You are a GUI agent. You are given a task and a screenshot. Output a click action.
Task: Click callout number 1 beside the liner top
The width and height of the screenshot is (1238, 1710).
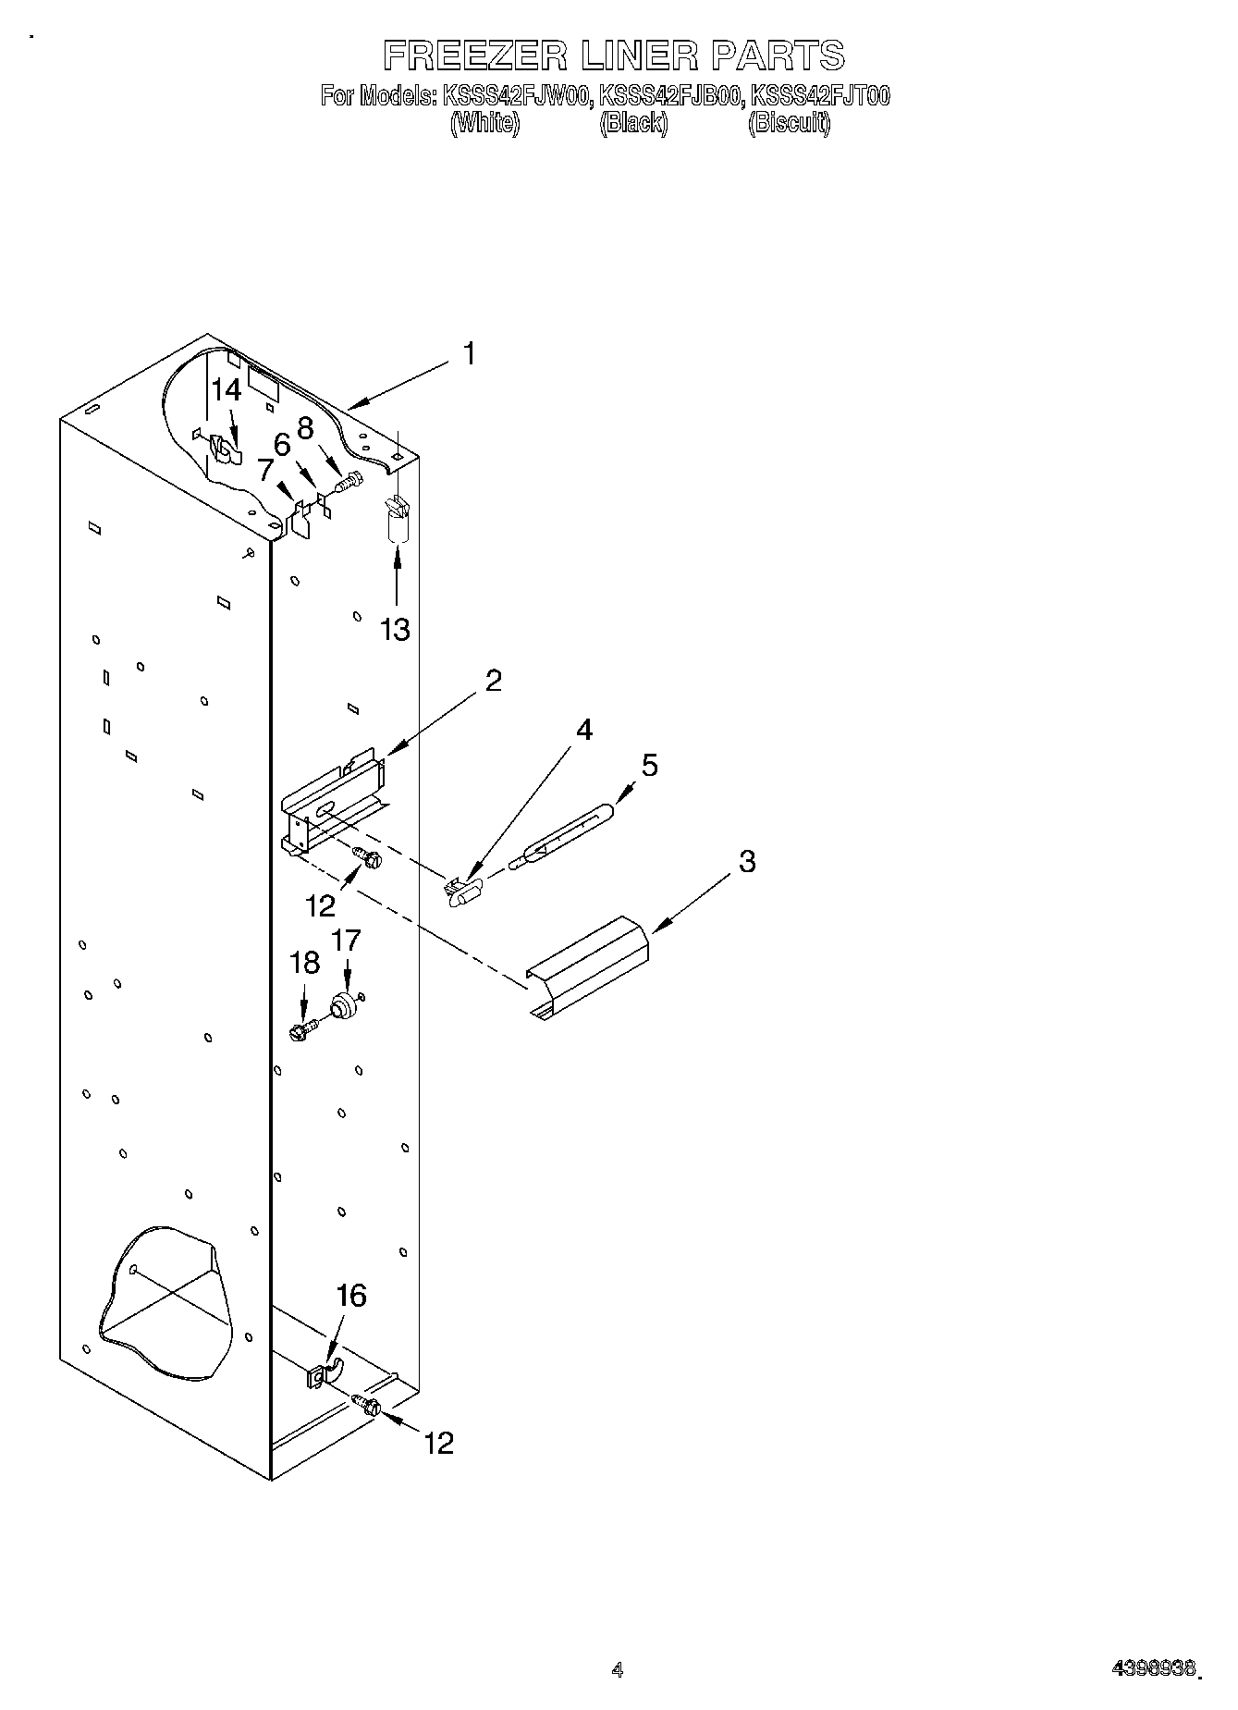470,353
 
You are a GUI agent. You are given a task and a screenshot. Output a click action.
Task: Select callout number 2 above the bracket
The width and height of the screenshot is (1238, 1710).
494,681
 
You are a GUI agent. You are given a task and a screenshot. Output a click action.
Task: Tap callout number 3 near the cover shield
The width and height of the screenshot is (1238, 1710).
747,861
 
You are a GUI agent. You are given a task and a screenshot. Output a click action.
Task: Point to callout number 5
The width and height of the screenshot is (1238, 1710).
650,765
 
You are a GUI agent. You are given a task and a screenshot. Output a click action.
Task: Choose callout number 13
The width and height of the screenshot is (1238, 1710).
395,630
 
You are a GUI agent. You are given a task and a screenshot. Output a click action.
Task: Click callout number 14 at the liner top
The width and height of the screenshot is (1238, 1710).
227,390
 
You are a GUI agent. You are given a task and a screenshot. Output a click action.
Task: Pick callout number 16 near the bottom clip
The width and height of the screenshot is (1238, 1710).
351,1296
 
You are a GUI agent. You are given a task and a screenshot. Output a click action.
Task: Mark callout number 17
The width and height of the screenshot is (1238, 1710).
346,941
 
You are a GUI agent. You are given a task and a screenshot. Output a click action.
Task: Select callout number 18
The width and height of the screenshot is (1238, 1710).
304,963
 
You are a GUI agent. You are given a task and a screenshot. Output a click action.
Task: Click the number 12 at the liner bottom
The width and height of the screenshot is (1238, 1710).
439,1443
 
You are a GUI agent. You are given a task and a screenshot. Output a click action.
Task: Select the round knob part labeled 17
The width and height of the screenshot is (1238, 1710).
345,1006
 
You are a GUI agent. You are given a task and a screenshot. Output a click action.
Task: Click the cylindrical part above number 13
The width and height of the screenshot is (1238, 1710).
397,523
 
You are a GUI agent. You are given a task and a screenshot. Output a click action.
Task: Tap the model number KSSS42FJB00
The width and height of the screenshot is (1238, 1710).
669,95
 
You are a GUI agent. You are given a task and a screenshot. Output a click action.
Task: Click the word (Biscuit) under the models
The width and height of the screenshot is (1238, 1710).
789,123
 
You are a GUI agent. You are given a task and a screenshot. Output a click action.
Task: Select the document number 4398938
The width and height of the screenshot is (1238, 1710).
1155,1669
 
